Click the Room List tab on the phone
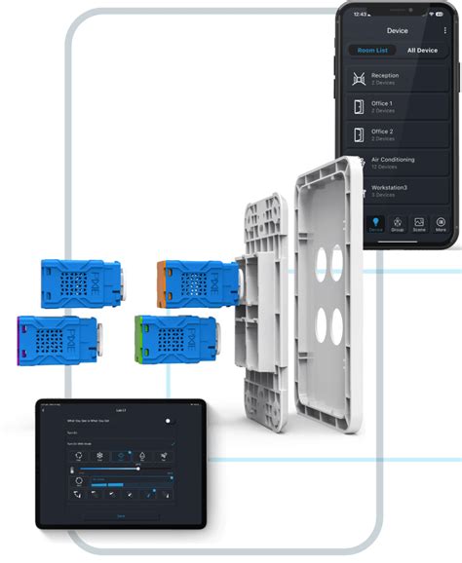(x=372, y=50)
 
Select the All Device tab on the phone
(x=421, y=50)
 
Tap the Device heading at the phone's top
(x=397, y=30)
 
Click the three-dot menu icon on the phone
(x=445, y=30)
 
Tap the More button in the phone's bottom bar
(x=442, y=224)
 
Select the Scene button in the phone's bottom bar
(x=419, y=224)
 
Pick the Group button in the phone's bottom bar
(x=397, y=224)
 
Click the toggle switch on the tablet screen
(x=169, y=421)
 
